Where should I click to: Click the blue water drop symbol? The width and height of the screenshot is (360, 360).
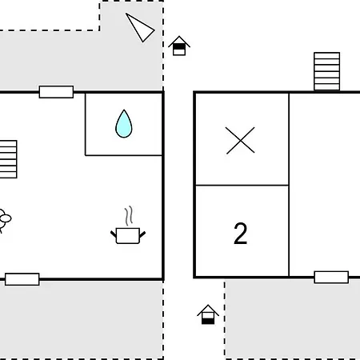tap(124, 125)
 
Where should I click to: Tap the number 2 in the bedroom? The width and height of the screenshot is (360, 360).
tap(240, 234)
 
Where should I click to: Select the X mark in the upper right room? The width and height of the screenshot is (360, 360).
tap(240, 141)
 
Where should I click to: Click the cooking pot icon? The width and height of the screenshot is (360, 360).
tap(128, 235)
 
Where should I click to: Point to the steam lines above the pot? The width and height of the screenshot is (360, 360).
tap(129, 216)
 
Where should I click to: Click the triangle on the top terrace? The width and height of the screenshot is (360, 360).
tap(140, 27)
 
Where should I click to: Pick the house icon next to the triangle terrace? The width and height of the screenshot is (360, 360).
tap(179, 46)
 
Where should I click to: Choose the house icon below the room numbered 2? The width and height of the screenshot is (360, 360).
tap(208, 314)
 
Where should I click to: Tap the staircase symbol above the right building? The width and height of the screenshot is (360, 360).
tap(326, 71)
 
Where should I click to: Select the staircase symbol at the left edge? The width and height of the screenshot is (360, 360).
tap(8, 159)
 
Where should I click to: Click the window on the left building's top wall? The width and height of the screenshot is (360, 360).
tap(56, 92)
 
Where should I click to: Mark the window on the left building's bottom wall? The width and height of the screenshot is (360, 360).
tap(22, 279)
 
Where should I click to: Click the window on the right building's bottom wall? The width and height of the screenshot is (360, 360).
tap(331, 277)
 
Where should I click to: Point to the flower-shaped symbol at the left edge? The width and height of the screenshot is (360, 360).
tap(5, 218)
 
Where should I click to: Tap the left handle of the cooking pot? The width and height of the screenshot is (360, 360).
tap(114, 234)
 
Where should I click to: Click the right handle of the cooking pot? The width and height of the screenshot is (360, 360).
tap(142, 234)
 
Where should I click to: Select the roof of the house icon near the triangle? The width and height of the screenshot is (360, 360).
tap(179, 42)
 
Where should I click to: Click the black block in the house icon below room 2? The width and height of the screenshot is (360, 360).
tap(208, 322)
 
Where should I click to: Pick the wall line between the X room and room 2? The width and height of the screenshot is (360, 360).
tap(242, 185)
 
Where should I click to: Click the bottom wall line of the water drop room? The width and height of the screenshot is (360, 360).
tap(124, 155)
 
